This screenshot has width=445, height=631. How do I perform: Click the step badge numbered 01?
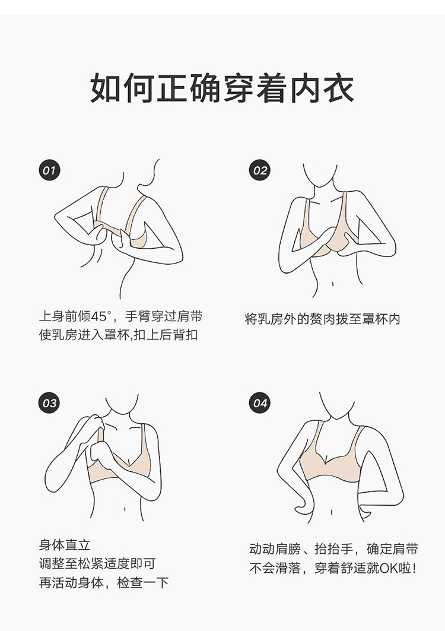[49, 170]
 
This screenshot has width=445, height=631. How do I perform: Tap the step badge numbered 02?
[259, 170]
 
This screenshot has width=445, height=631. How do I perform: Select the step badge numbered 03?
[49, 403]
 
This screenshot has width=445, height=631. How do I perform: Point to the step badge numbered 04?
[259, 403]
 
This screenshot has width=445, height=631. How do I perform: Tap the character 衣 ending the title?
[339, 88]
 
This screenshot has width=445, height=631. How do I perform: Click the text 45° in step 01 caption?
[100, 316]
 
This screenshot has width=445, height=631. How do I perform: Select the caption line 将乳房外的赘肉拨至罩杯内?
[322, 319]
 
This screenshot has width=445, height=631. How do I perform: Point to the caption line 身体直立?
[65, 546]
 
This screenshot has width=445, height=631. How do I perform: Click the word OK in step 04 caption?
[389, 568]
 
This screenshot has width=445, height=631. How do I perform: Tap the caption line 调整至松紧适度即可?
[97, 564]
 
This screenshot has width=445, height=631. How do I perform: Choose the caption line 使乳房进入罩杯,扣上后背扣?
[118, 335]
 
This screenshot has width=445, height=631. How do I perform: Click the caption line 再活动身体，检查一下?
[104, 583]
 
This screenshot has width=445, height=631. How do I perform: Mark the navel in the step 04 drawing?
[332, 512]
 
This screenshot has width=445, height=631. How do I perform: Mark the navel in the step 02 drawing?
[333, 284]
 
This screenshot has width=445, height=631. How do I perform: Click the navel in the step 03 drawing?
[125, 509]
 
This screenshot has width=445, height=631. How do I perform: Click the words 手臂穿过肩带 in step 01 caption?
[164, 316]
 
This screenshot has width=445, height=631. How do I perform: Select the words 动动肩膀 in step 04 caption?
[275, 549]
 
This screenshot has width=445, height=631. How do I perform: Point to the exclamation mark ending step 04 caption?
[414, 568]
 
